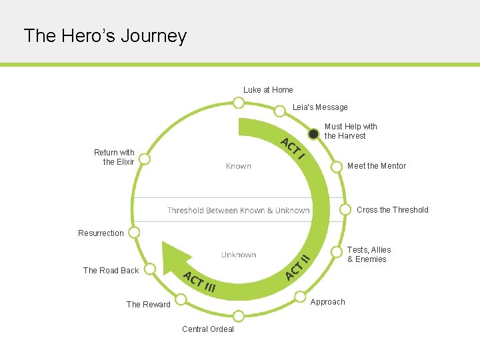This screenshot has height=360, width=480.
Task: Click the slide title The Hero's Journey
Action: (105, 35)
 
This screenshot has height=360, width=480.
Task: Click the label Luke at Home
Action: (268, 90)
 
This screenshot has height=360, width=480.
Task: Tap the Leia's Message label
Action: (320, 107)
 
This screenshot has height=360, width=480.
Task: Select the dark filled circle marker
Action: (314, 133)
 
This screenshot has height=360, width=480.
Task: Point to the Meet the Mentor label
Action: (376, 166)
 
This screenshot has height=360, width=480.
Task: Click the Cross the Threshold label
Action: (392, 210)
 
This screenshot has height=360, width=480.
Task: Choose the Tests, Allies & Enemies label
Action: (369, 255)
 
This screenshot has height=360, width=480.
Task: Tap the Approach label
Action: (328, 302)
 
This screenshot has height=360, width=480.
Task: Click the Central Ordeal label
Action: (208, 329)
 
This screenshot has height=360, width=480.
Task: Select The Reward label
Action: (149, 305)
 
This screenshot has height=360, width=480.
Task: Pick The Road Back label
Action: (111, 271)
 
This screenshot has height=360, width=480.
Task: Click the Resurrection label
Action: (101, 233)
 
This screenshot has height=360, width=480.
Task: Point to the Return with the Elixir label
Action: (114, 157)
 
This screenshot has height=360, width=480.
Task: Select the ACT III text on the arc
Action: (199, 283)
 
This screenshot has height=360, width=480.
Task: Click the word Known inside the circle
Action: (239, 166)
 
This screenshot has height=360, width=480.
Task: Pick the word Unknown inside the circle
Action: (239, 255)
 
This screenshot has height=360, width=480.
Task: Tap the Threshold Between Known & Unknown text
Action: (238, 211)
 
